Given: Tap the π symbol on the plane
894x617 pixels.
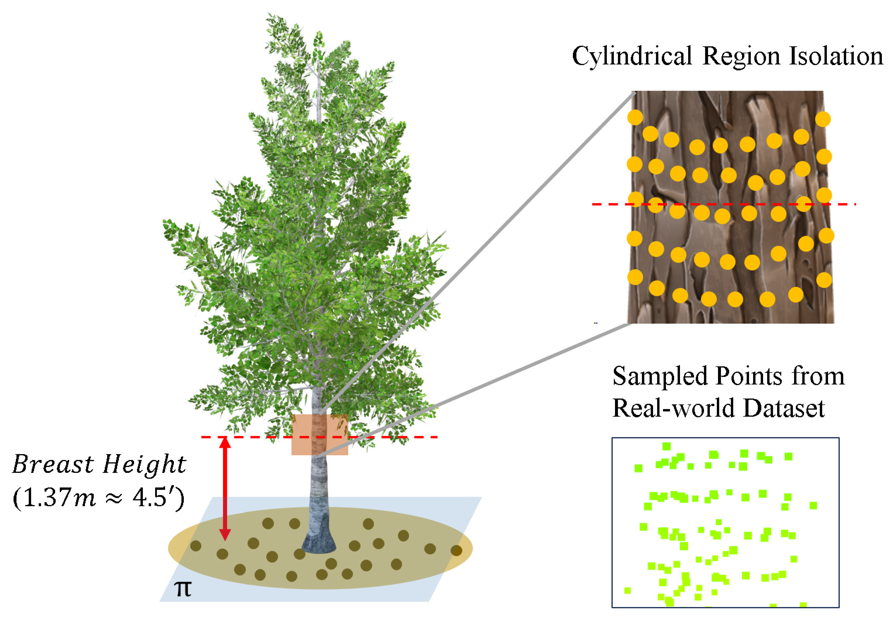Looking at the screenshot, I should (x=182, y=589).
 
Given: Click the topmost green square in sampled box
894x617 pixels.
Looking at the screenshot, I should (x=666, y=447).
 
